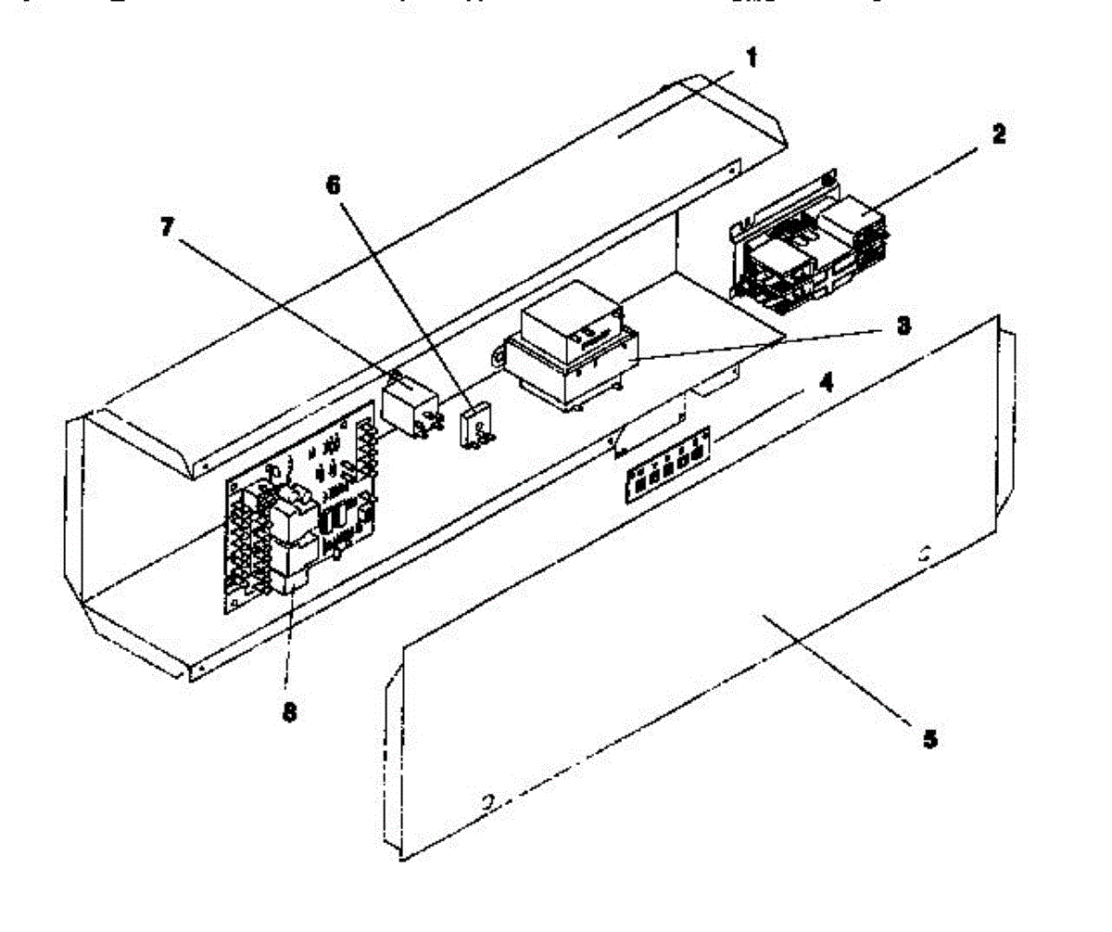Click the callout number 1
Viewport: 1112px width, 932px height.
pos(752,57)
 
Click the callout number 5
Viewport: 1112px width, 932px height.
pos(929,739)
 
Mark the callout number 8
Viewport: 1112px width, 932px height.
pos(290,715)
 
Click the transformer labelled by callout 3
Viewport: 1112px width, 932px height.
pos(570,362)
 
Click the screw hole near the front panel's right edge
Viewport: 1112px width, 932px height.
pos(923,557)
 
